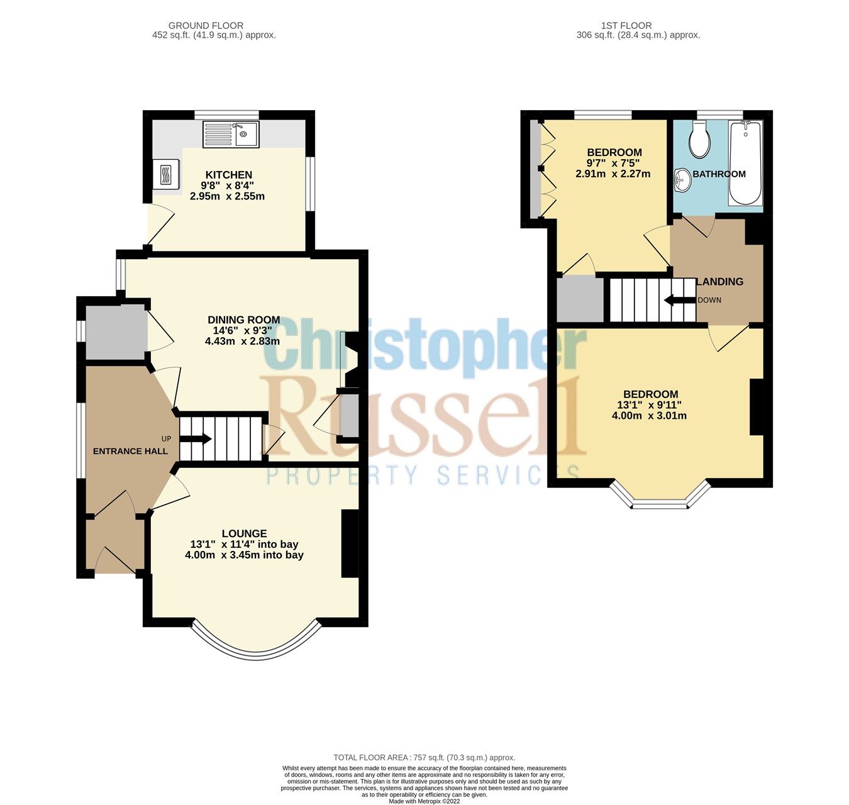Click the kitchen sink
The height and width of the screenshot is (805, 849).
(x=230, y=135)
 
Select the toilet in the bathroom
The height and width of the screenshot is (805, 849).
(x=699, y=139)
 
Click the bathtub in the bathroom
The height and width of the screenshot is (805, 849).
(x=745, y=164)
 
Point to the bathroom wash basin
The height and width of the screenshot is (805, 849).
(x=681, y=181)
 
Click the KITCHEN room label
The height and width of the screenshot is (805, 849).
(x=228, y=175)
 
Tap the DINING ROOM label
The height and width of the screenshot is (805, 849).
(x=243, y=319)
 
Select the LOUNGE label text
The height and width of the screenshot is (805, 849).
(x=244, y=533)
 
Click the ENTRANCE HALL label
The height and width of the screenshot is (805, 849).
(x=130, y=451)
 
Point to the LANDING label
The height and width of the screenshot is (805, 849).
(x=719, y=282)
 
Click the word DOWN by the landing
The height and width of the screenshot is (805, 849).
(x=709, y=300)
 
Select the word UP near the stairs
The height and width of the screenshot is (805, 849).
(x=166, y=438)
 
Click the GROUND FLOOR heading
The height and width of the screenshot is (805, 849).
(x=206, y=26)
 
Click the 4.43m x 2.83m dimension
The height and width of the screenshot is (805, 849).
(x=242, y=341)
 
